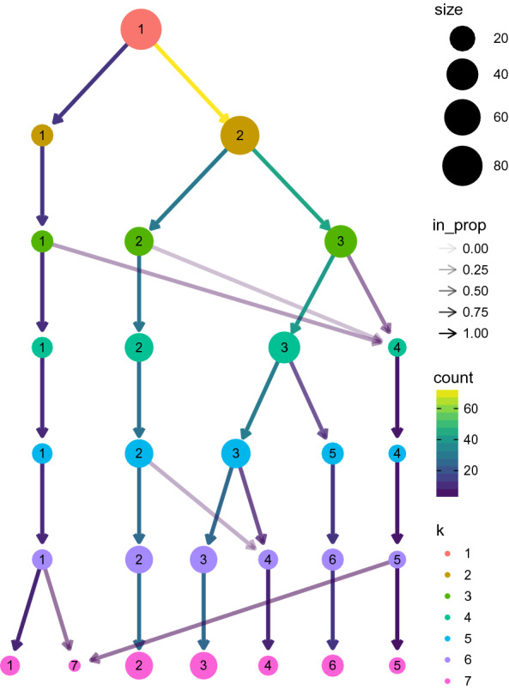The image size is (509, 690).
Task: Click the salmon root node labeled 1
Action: [x=139, y=29]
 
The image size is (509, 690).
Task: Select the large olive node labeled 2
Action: [x=239, y=136]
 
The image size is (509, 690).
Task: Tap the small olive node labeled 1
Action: [x=41, y=136]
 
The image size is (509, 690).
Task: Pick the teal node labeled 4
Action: [x=397, y=348]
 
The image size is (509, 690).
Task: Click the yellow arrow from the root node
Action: [x=190, y=82]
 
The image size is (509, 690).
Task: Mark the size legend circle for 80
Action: [x=461, y=166]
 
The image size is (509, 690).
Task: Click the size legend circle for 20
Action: [x=461, y=39]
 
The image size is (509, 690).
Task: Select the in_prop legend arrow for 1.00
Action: [x=450, y=334]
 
